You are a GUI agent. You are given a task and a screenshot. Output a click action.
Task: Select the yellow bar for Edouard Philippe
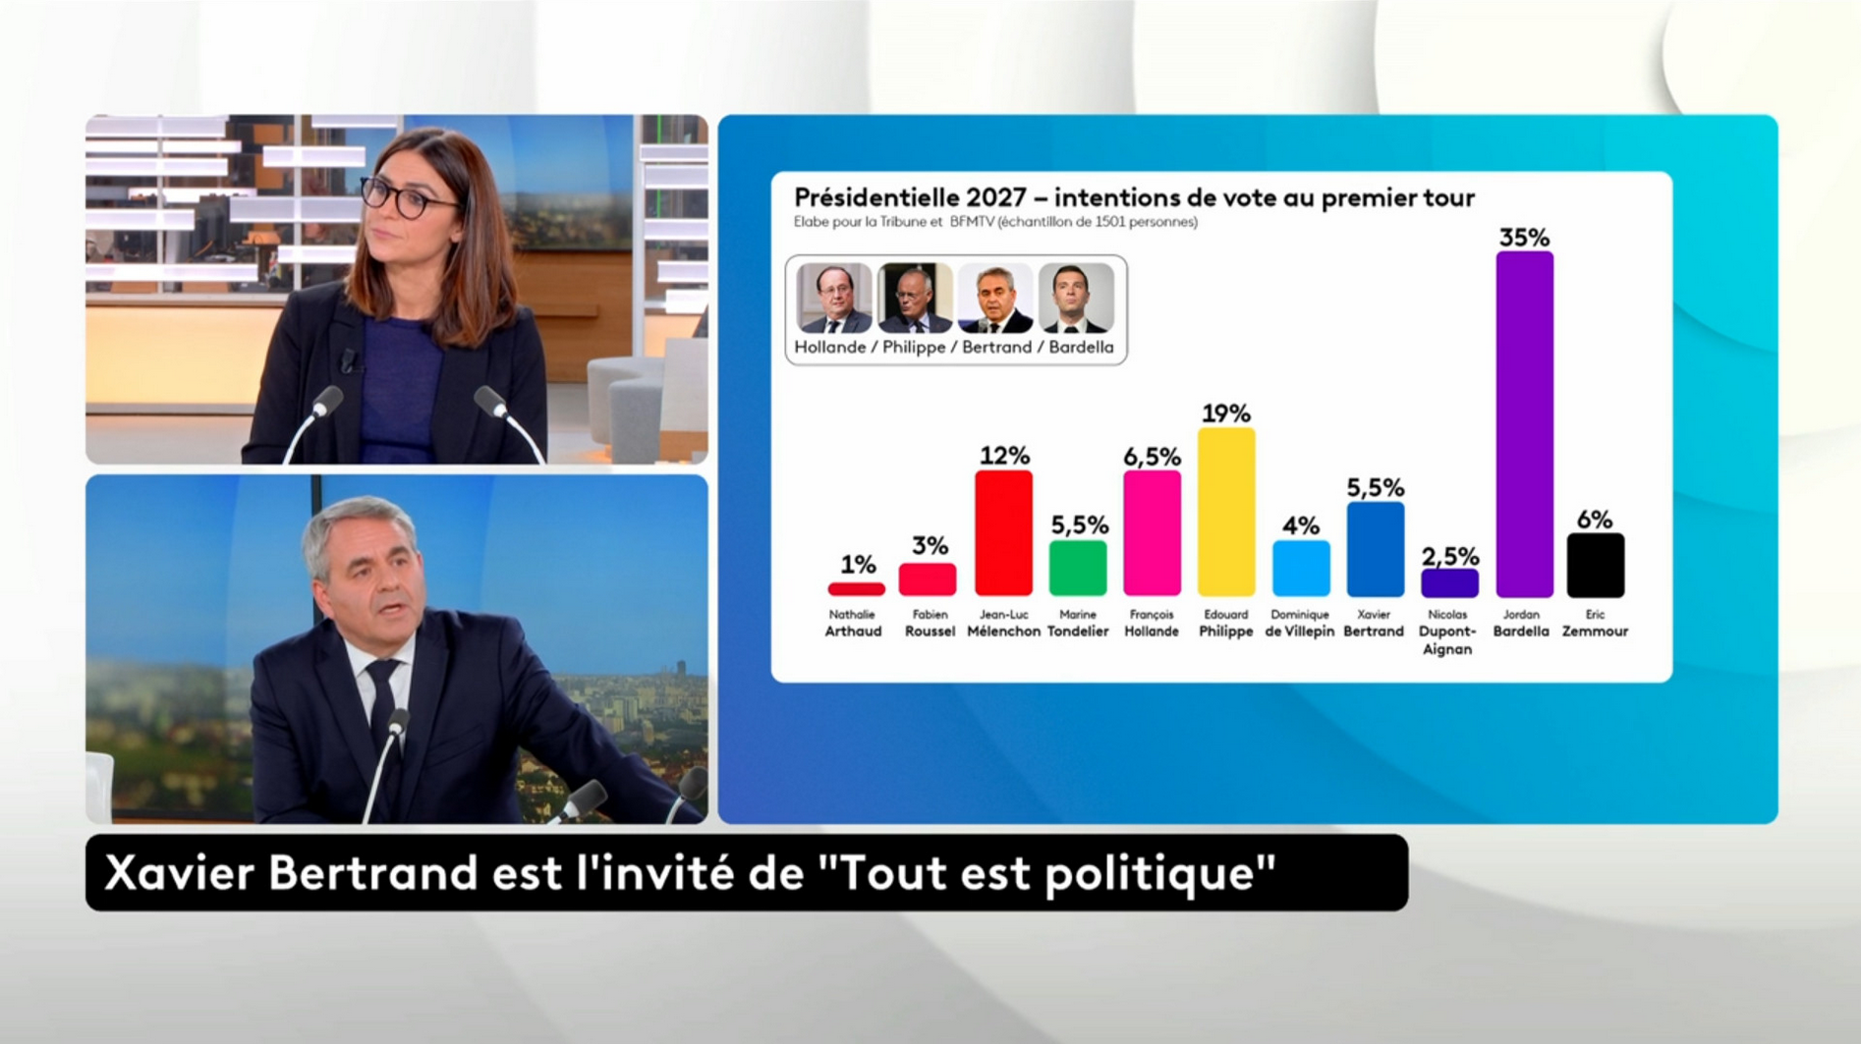click(x=1226, y=512)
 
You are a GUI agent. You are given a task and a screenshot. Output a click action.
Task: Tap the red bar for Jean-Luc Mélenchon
click(x=1003, y=532)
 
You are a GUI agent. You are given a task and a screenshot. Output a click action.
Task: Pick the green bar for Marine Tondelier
click(x=1078, y=568)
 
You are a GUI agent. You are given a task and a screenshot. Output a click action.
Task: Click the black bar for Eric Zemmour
click(x=1595, y=565)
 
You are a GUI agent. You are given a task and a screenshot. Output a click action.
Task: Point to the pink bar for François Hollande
click(x=1152, y=532)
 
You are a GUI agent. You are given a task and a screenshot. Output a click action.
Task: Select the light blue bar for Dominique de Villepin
click(x=1301, y=568)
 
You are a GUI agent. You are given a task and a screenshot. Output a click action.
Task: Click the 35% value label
click(x=1524, y=238)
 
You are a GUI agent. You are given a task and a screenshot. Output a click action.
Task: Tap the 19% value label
click(x=1226, y=413)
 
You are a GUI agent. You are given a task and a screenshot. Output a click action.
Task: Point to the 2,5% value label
click(x=1449, y=557)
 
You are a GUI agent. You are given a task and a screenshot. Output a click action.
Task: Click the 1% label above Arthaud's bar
click(x=857, y=565)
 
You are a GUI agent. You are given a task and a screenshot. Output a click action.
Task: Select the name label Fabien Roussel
click(x=930, y=624)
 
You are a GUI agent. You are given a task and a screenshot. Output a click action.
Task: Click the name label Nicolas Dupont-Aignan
click(x=1447, y=632)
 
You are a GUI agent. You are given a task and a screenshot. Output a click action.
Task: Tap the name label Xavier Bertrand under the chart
click(x=1374, y=624)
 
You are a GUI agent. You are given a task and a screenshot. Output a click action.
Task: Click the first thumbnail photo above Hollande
click(x=834, y=299)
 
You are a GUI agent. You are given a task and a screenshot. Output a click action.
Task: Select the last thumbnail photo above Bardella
click(x=1076, y=299)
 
